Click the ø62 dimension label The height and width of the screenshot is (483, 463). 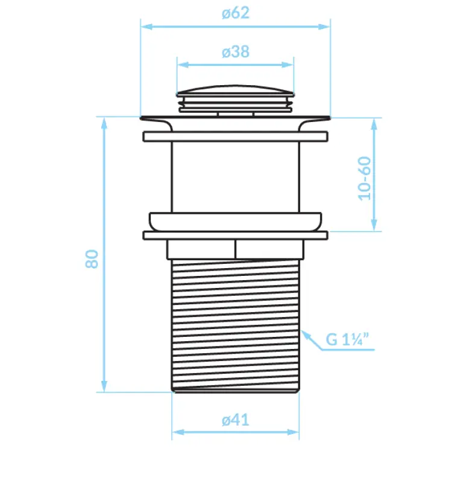point(235,13)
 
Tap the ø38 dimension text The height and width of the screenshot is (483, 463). point(235,52)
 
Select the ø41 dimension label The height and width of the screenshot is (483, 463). point(235,420)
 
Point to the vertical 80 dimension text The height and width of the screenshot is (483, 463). point(92,259)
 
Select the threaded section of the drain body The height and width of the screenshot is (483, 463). point(235,326)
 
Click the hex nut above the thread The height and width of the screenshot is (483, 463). point(235,249)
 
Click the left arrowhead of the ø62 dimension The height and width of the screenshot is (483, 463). point(145,26)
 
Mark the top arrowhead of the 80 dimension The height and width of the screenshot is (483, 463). point(104,122)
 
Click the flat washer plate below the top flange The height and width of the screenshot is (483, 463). point(235,136)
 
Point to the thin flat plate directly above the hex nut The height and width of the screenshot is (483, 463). point(235,235)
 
